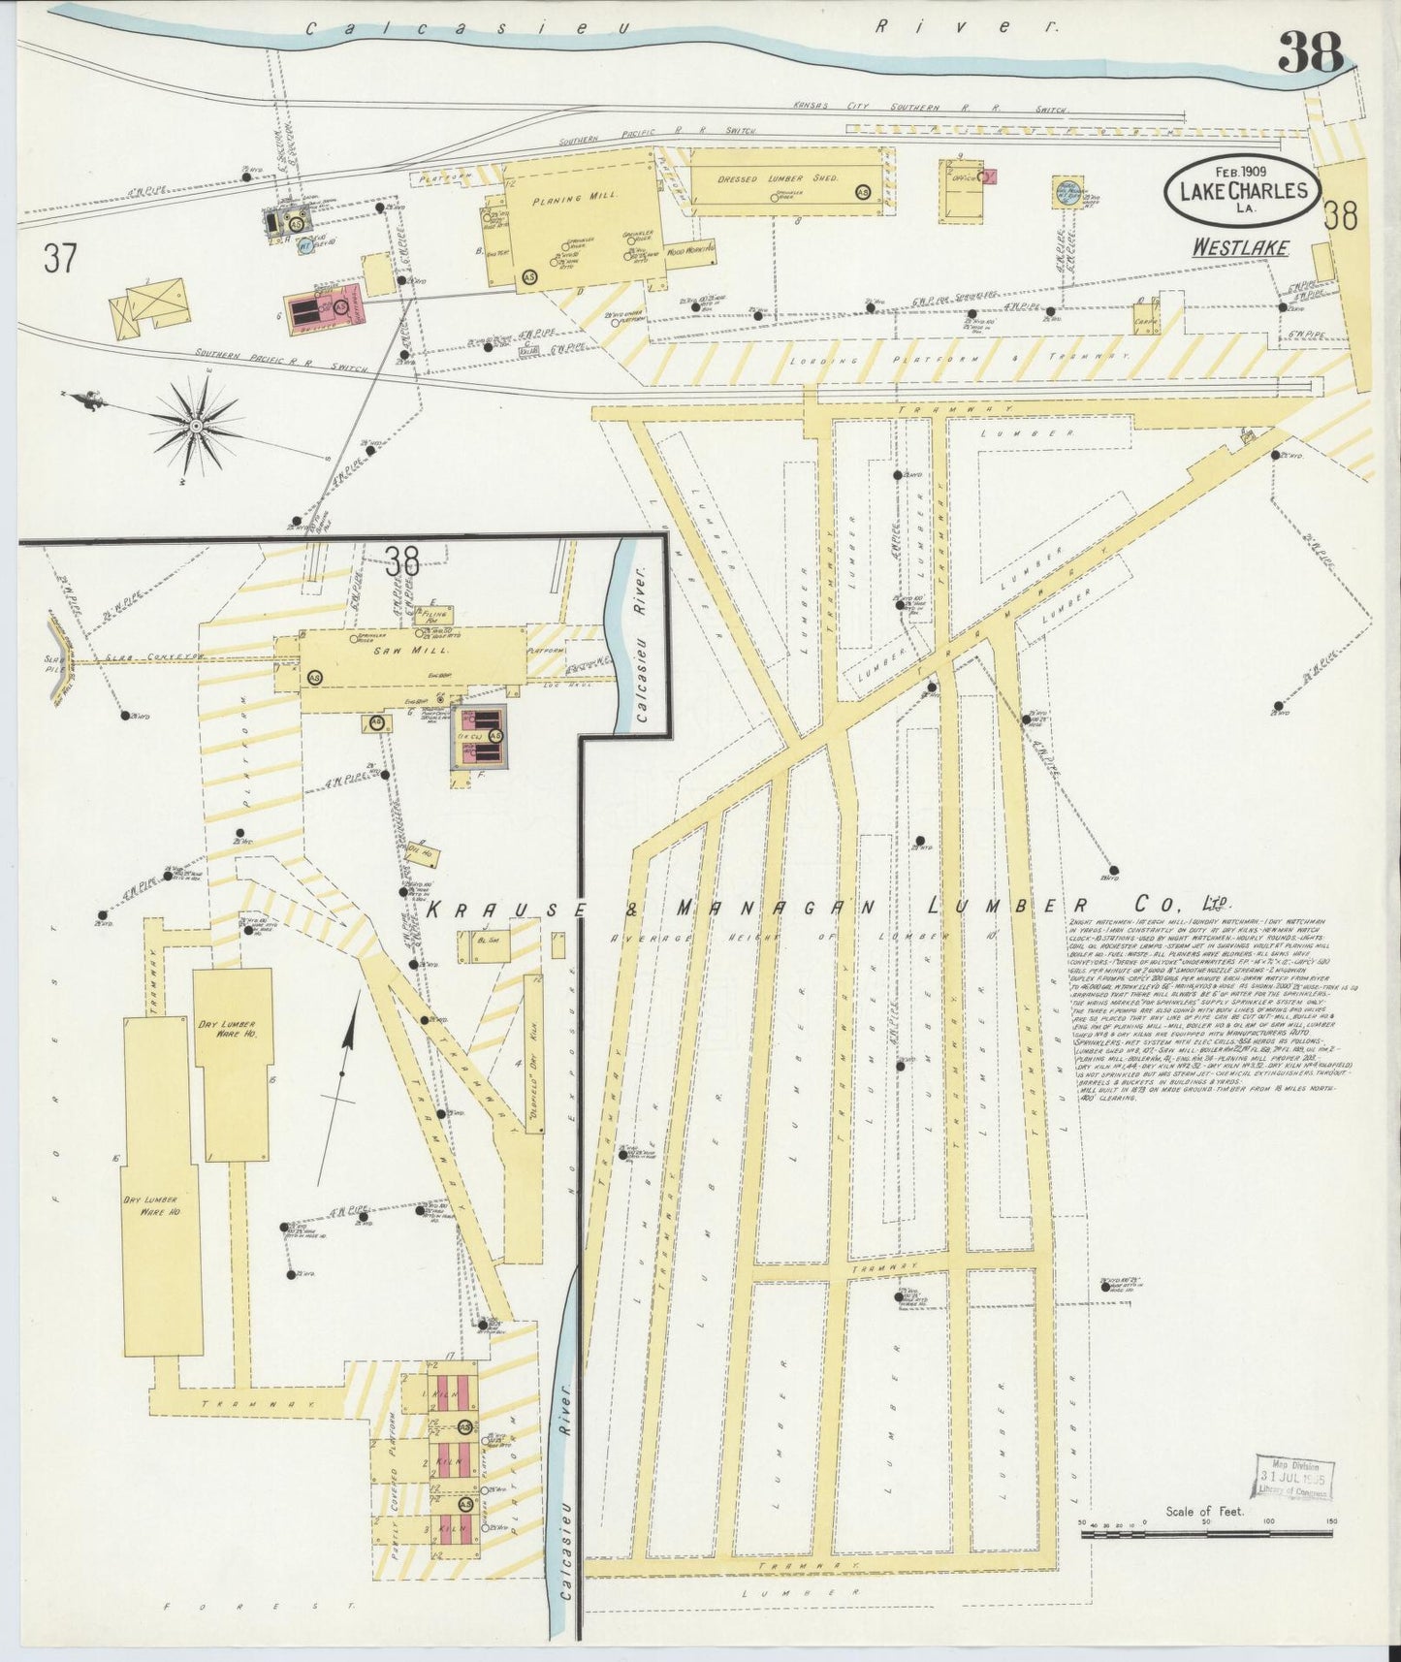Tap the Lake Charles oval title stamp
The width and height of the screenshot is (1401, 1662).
point(1242,190)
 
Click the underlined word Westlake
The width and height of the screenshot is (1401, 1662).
point(1240,247)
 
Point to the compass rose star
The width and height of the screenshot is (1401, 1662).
point(196,425)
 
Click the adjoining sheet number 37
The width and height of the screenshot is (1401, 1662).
point(60,259)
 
